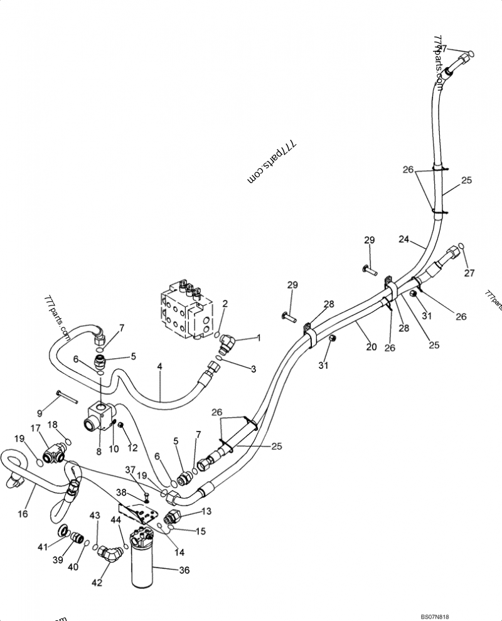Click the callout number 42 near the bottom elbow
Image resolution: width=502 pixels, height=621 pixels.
point(97,583)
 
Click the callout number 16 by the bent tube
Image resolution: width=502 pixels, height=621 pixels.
point(23,513)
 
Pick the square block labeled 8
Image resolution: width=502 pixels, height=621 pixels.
point(99,417)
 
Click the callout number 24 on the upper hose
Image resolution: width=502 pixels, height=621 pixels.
point(403,239)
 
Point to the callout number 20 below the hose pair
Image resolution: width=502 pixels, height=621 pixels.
point(371,347)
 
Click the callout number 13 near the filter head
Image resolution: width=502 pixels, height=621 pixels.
point(207,511)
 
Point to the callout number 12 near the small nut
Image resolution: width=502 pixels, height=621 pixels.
point(133,447)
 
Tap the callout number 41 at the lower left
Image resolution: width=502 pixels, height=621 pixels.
point(43,547)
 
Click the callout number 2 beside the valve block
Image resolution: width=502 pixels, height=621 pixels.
point(225,304)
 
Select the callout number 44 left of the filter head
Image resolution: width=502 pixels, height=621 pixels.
point(116,520)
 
